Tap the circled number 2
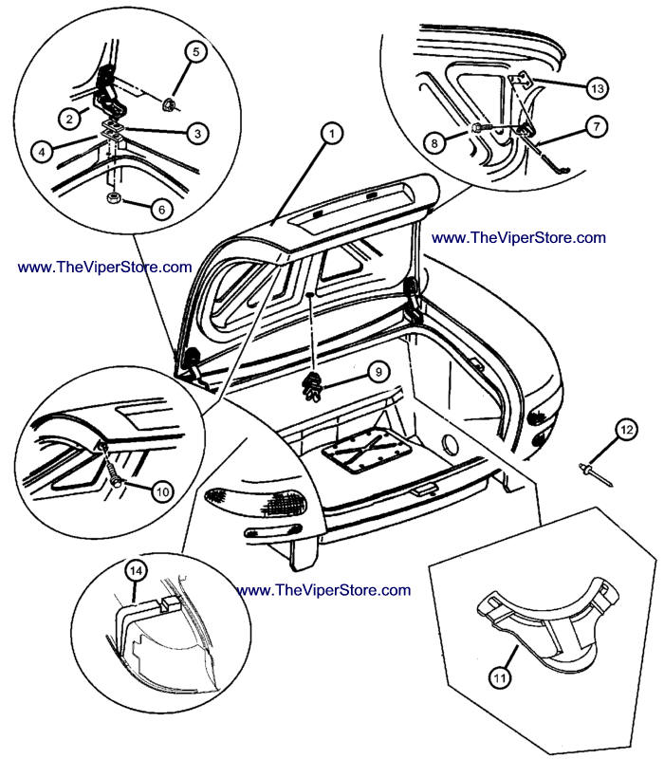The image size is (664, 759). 69,119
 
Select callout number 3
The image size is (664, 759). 196,134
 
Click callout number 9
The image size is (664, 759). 376,372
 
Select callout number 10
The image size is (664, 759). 162,491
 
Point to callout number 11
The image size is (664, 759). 500,676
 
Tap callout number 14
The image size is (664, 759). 136,570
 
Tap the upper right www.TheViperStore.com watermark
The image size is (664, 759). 517,237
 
